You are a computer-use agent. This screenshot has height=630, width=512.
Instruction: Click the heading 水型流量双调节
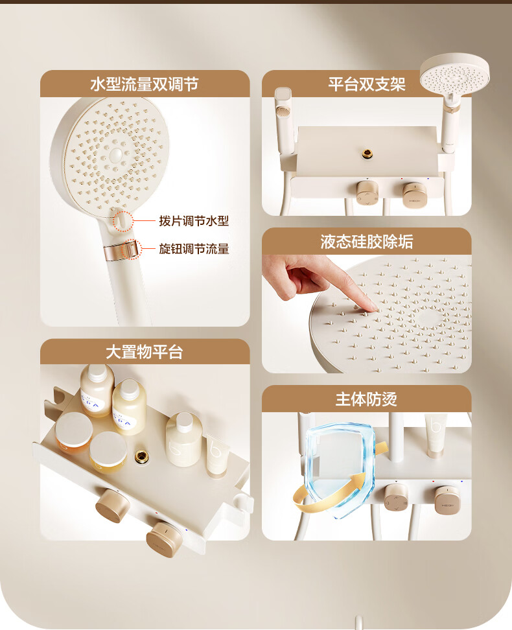pyautogui.click(x=145, y=84)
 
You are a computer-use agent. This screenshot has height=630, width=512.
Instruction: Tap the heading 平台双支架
pyautogui.click(x=367, y=84)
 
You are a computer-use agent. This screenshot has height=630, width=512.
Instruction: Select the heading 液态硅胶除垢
pyautogui.click(x=367, y=242)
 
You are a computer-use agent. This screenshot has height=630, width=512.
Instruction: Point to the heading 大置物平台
pyautogui.click(x=145, y=352)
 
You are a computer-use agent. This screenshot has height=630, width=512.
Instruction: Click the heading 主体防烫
pyautogui.click(x=367, y=399)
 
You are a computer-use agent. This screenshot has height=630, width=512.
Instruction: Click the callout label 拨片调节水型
pyautogui.click(x=194, y=220)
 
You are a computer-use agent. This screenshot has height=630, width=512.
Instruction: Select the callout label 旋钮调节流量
pyautogui.click(x=194, y=249)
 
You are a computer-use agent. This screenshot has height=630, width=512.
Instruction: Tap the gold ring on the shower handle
pyautogui.click(x=121, y=250)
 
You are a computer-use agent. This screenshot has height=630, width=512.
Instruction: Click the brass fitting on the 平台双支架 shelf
pyautogui.click(x=367, y=153)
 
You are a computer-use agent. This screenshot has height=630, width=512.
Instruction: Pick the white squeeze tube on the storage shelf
pyautogui.click(x=217, y=456)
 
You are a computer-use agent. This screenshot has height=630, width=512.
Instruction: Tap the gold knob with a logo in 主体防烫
pyautogui.click(x=447, y=500)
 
